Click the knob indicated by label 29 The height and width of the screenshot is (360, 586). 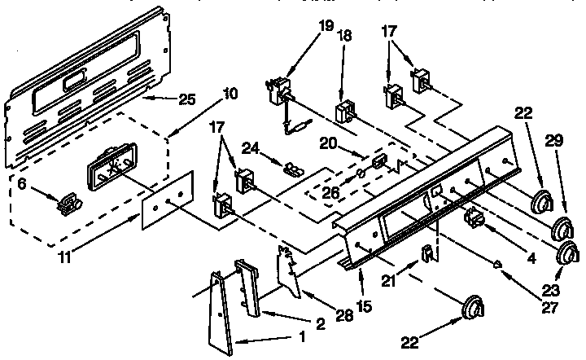coord(561,226)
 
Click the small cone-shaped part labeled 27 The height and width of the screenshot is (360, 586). coord(497,261)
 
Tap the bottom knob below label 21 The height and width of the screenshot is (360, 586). coord(471,310)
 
